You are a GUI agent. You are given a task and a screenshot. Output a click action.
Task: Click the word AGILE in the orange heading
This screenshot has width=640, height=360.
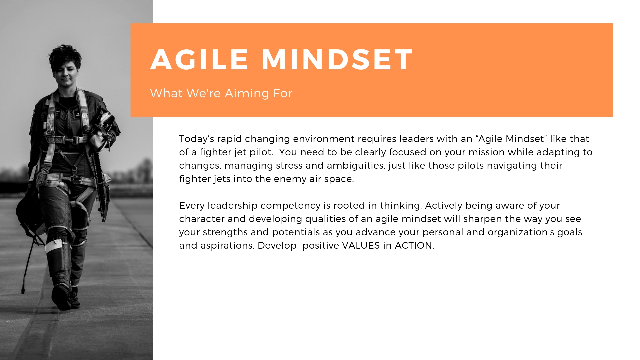(x=199, y=60)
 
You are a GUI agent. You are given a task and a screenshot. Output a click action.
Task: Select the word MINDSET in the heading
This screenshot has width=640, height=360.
(x=337, y=60)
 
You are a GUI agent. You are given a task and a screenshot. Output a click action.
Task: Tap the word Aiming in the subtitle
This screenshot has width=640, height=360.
(x=247, y=94)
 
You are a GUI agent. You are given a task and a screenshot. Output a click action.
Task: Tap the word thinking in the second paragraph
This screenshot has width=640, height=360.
(x=401, y=206)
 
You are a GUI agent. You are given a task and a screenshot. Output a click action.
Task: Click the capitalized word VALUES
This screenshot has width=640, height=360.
(x=361, y=246)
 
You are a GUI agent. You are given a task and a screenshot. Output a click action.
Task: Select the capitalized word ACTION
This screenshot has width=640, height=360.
(x=414, y=246)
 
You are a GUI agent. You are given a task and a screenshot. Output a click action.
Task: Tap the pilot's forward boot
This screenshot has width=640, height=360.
(x=61, y=297)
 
